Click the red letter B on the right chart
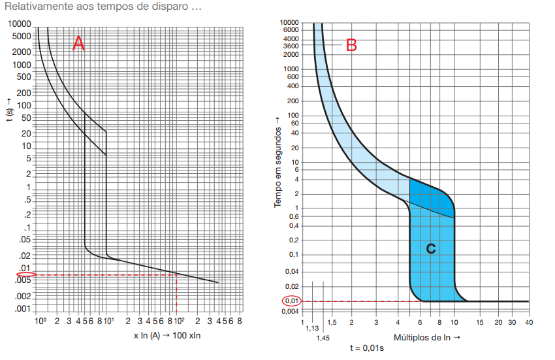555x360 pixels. click(x=351, y=45)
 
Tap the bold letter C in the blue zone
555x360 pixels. click(x=430, y=248)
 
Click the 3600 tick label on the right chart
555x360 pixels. click(x=291, y=46)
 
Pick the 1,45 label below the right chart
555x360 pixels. click(x=323, y=338)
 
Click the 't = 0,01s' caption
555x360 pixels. click(x=366, y=348)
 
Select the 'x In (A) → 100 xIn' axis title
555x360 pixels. click(x=166, y=336)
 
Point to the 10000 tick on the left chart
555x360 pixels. click(x=20, y=24)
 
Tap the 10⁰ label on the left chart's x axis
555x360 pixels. click(x=40, y=321)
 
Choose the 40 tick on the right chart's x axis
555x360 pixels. click(x=528, y=322)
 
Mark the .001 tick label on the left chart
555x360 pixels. click(x=23, y=308)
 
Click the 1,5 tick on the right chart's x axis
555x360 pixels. click(x=332, y=322)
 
